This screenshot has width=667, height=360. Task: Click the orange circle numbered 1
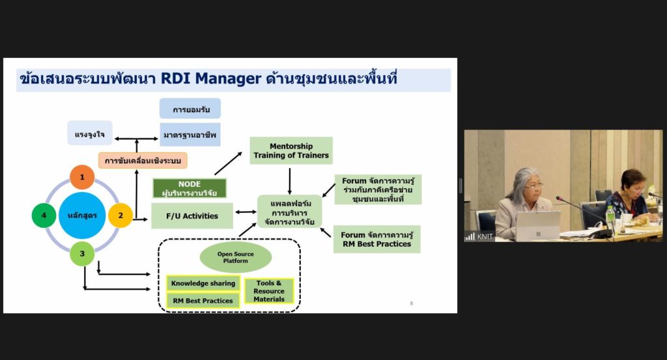click(82, 177)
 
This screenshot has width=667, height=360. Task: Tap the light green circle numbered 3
click(82, 254)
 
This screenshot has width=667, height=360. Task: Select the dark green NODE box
click(190, 188)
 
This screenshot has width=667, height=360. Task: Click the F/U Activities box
click(192, 215)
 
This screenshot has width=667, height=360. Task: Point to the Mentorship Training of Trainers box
click(291, 150)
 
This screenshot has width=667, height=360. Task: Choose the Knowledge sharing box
click(203, 283)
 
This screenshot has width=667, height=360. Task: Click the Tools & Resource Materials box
click(269, 291)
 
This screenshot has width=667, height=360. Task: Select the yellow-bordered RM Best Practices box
click(203, 301)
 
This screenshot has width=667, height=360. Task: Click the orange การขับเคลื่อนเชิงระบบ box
click(143, 160)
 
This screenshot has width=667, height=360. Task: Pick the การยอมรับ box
click(190, 109)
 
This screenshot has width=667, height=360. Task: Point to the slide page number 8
click(411, 303)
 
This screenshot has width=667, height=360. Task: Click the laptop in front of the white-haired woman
click(537, 225)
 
